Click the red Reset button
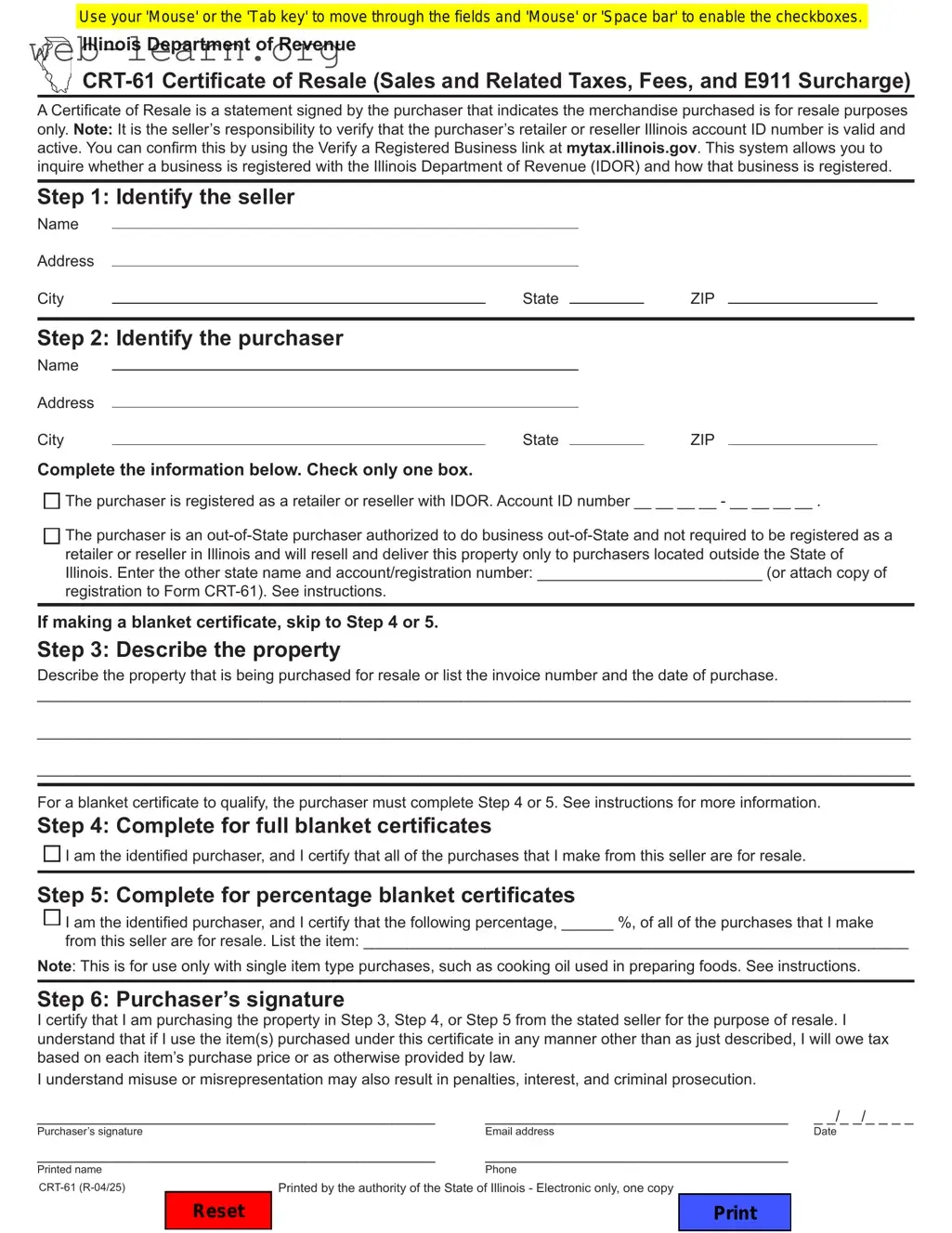pyautogui.click(x=218, y=1211)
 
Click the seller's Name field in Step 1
pyautogui.click(x=345, y=221)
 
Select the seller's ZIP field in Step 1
pyautogui.click(x=802, y=296)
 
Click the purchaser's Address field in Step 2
pyautogui.click(x=345, y=400)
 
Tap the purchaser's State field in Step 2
pyautogui.click(x=606, y=438)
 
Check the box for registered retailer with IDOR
pyautogui.click(x=52, y=501)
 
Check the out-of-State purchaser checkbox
pyautogui.click(x=52, y=535)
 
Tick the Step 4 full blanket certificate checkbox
pyautogui.click(x=52, y=854)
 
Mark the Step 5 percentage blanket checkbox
pyautogui.click(x=52, y=918)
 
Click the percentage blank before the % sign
pyautogui.click(x=587, y=922)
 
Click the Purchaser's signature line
pyautogui.click(x=236, y=1117)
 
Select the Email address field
pyautogui.click(x=635, y=1117)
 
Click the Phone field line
pyautogui.click(x=635, y=1155)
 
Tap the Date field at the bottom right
pyautogui.click(x=863, y=1118)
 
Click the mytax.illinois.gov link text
pyautogui.click(x=632, y=148)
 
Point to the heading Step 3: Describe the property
pyautogui.click(x=189, y=649)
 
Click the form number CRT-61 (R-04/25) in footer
pyautogui.click(x=82, y=1187)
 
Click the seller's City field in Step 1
pyautogui.click(x=298, y=296)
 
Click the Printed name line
pyautogui.click(x=236, y=1155)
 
